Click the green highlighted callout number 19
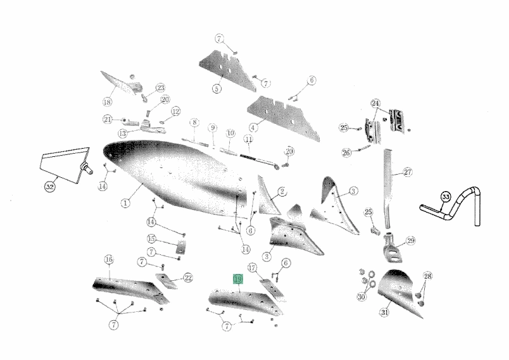click(x=238, y=279)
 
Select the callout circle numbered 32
click(x=49, y=187)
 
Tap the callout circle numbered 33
click(x=446, y=197)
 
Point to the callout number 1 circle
click(x=125, y=203)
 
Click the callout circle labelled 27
click(x=408, y=172)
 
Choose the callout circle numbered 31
click(x=385, y=313)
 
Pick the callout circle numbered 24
click(x=375, y=104)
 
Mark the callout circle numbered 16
click(x=109, y=259)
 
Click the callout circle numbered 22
click(x=188, y=278)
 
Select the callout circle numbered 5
click(x=217, y=88)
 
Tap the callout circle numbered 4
click(x=253, y=127)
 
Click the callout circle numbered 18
click(x=108, y=102)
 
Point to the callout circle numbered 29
click(x=411, y=240)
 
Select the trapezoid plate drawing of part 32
click(x=65, y=165)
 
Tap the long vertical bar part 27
click(x=387, y=189)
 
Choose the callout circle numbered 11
click(x=249, y=139)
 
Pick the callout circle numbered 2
click(x=282, y=192)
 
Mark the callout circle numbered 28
click(x=428, y=276)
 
